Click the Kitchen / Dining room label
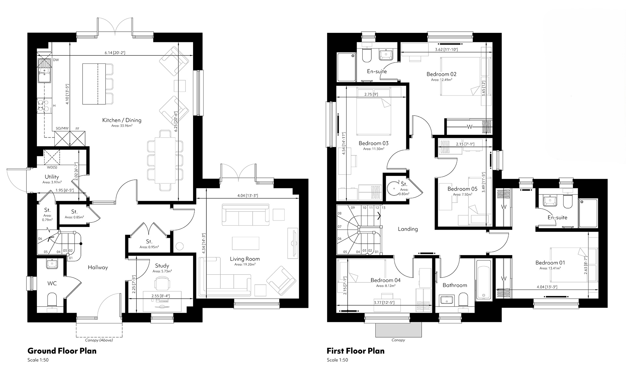point(122,120)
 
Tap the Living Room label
point(245,259)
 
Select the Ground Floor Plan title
point(62,351)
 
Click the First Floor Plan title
point(356,351)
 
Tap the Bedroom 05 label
point(462,189)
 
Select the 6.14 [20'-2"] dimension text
point(115,52)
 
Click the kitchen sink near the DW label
point(44,71)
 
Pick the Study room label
point(162,266)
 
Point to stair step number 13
point(383,207)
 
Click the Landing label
point(408,229)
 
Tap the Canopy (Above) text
point(99,340)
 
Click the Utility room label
point(52,177)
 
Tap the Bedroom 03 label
point(374,143)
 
